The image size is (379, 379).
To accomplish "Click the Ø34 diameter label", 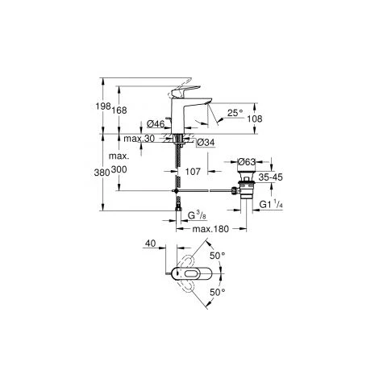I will pos(205,143).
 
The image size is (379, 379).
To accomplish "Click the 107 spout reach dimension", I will pos(194,171).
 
